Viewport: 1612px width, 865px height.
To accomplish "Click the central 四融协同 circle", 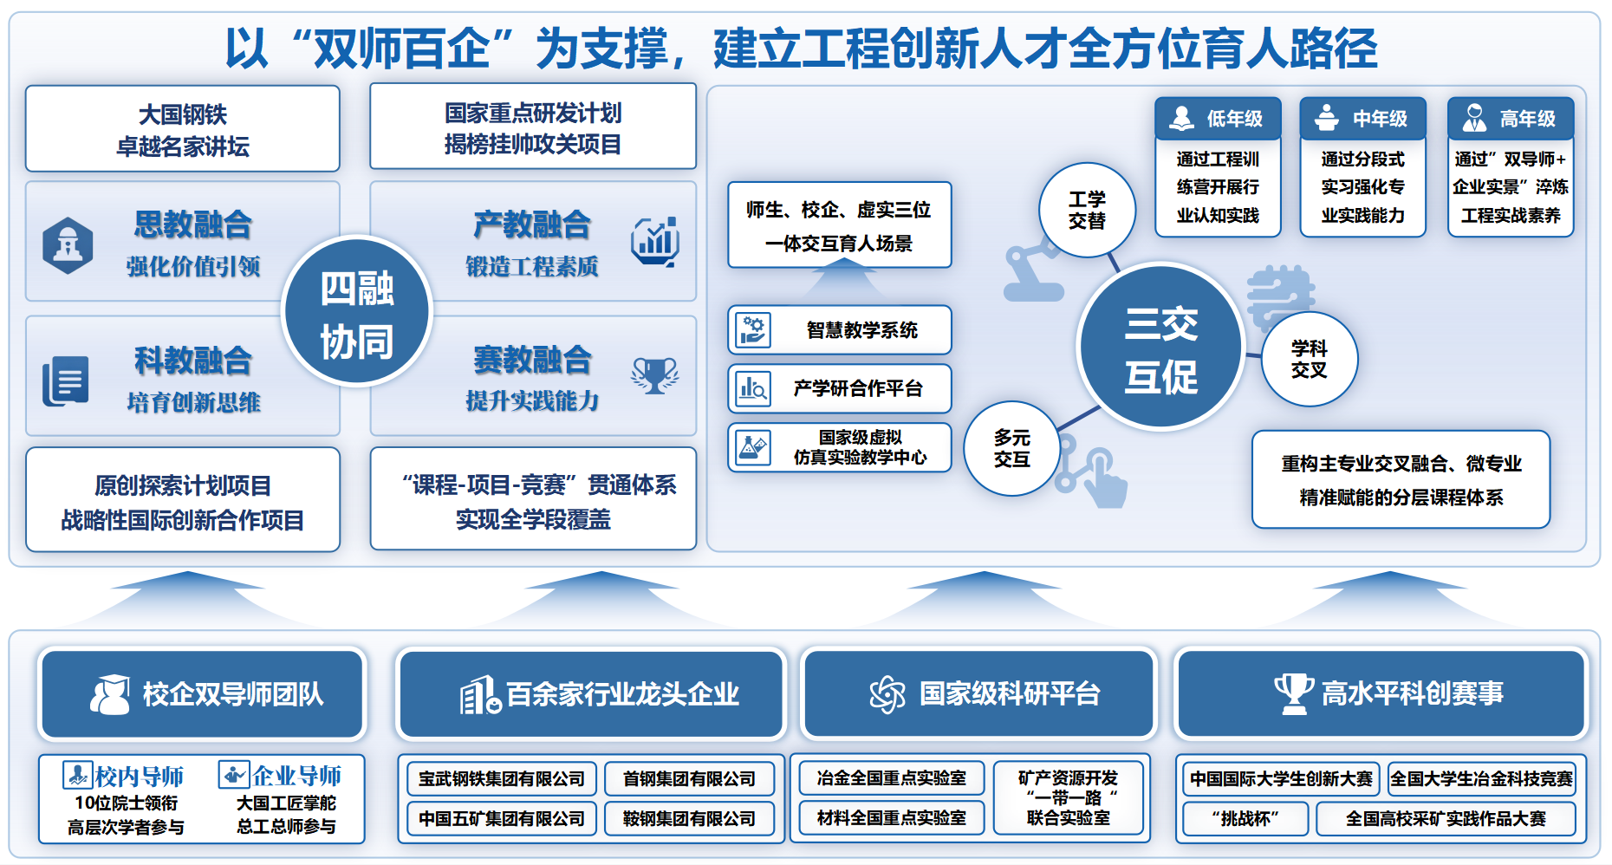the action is (357, 311).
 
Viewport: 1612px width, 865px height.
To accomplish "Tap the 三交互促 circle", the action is (1160, 347).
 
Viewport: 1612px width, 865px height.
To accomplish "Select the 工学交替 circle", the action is (1087, 210).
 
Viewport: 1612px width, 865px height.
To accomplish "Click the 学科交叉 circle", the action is (1309, 359).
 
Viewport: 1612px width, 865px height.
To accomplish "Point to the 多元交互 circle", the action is (1011, 448).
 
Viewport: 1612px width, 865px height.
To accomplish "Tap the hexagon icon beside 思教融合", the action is (68, 246).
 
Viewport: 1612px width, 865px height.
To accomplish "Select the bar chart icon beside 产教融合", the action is (654, 241).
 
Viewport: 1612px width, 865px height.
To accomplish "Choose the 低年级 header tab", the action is (1218, 118).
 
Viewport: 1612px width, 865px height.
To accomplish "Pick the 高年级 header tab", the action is (1511, 118).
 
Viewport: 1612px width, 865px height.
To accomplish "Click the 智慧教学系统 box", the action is (839, 329).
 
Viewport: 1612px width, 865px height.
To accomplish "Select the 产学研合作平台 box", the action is (839, 388).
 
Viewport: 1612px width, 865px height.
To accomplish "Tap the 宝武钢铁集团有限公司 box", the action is (502, 778).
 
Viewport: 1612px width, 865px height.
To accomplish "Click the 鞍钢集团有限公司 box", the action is (689, 818).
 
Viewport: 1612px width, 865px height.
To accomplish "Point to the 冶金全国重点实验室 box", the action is (891, 777).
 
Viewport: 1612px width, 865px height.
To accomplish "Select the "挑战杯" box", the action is (1245, 818).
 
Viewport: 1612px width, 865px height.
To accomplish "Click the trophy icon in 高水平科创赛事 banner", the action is (1293, 693).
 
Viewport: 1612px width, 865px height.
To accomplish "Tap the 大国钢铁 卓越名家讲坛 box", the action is (183, 129).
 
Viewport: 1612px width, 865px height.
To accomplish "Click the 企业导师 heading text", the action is (297, 775).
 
